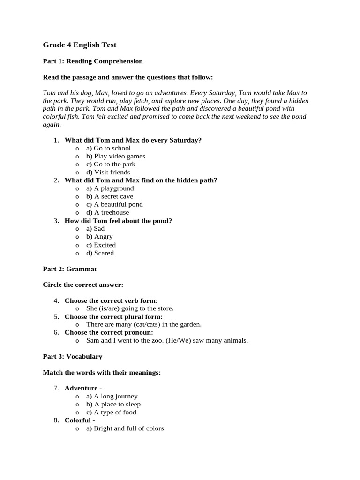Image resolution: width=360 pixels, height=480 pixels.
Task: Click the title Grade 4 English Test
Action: pos(80,45)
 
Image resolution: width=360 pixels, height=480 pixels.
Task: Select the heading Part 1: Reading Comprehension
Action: pos(93,61)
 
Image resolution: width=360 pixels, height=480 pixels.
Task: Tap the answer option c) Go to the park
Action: pos(111,164)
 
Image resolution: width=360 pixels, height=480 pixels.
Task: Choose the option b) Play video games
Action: pos(115,156)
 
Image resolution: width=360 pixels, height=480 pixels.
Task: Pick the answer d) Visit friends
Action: pos(108,172)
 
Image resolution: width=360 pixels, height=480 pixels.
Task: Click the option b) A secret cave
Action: pos(110,196)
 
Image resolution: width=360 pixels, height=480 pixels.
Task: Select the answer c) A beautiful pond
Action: pos(114,204)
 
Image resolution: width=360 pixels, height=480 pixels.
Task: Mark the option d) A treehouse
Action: pos(107,212)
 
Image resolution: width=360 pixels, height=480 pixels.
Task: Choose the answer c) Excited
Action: pos(101,245)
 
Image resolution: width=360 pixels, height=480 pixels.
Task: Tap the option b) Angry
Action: pos(99,237)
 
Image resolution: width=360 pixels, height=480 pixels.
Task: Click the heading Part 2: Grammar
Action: pos(70,269)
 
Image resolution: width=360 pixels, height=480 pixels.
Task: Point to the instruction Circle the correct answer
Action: pos(83,285)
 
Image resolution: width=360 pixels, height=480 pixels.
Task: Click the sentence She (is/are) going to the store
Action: pos(130,308)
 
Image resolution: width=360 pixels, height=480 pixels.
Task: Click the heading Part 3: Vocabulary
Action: pos(72,356)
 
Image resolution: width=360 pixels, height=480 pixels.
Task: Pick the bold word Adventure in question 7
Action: pos(81,388)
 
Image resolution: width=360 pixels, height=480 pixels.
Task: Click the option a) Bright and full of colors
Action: pos(125,428)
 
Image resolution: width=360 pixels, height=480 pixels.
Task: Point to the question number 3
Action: pos(56,221)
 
